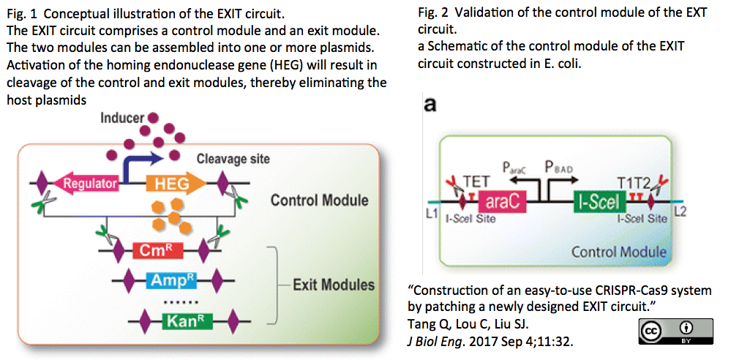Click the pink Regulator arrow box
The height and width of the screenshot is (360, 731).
(89, 184)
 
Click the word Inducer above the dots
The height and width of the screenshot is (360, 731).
(124, 118)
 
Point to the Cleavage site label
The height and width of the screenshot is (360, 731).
(233, 159)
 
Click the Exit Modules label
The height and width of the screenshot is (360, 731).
(333, 285)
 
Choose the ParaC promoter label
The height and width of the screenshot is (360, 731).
(516, 168)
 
